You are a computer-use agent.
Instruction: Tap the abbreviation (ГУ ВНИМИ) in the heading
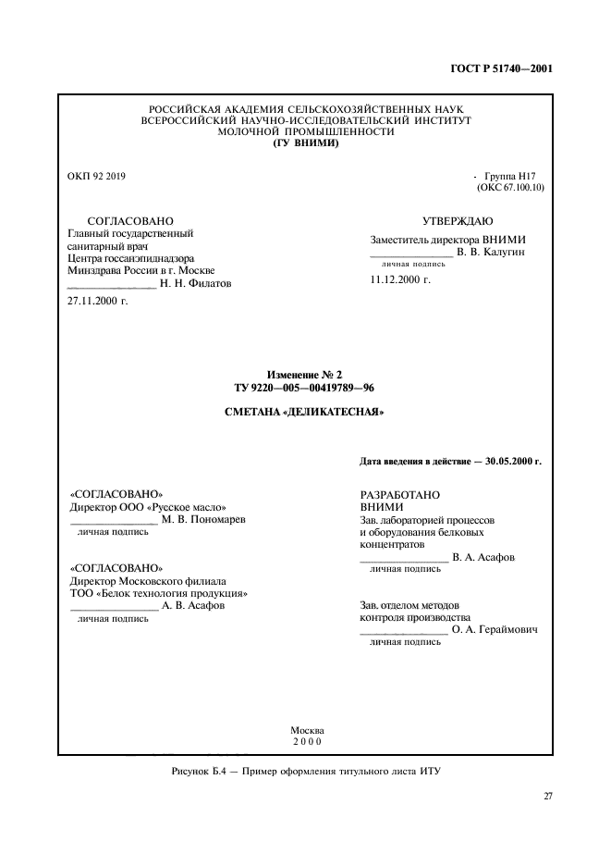(305, 143)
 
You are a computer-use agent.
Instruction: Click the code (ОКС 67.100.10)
(511, 187)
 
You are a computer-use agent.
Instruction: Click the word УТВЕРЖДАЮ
(458, 221)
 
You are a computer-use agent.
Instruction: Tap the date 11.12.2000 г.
(400, 278)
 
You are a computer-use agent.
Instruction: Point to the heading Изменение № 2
(305, 375)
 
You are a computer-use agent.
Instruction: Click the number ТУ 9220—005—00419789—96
(305, 388)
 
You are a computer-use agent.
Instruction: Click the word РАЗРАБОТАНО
(399, 494)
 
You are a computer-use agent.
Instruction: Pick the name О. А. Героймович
(495, 629)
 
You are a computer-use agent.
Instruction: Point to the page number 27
(547, 796)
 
